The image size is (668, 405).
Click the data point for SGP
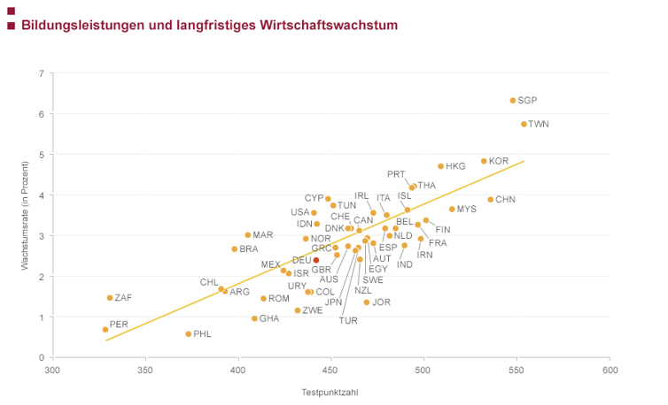pos(513,101)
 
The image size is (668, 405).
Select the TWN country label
pos(539,125)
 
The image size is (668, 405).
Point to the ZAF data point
pos(110,298)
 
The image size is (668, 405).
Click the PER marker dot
pos(105,330)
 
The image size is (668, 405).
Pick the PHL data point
pos(189,334)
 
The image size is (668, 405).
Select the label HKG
pos(455,166)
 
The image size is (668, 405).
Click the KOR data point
pos(484,161)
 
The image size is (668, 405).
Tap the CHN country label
pos(505,200)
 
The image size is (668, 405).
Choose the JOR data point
pos(367,302)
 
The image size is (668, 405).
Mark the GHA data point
pos(254,318)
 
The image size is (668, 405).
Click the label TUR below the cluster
pos(348,321)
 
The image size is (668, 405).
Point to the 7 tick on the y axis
pos(42,73)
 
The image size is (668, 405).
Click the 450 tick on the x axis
pos(331,370)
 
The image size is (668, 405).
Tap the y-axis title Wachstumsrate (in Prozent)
pos(26,215)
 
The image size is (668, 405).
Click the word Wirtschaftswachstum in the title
pos(330,26)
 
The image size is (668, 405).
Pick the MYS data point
pos(452,210)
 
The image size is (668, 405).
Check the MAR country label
pos(263,235)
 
